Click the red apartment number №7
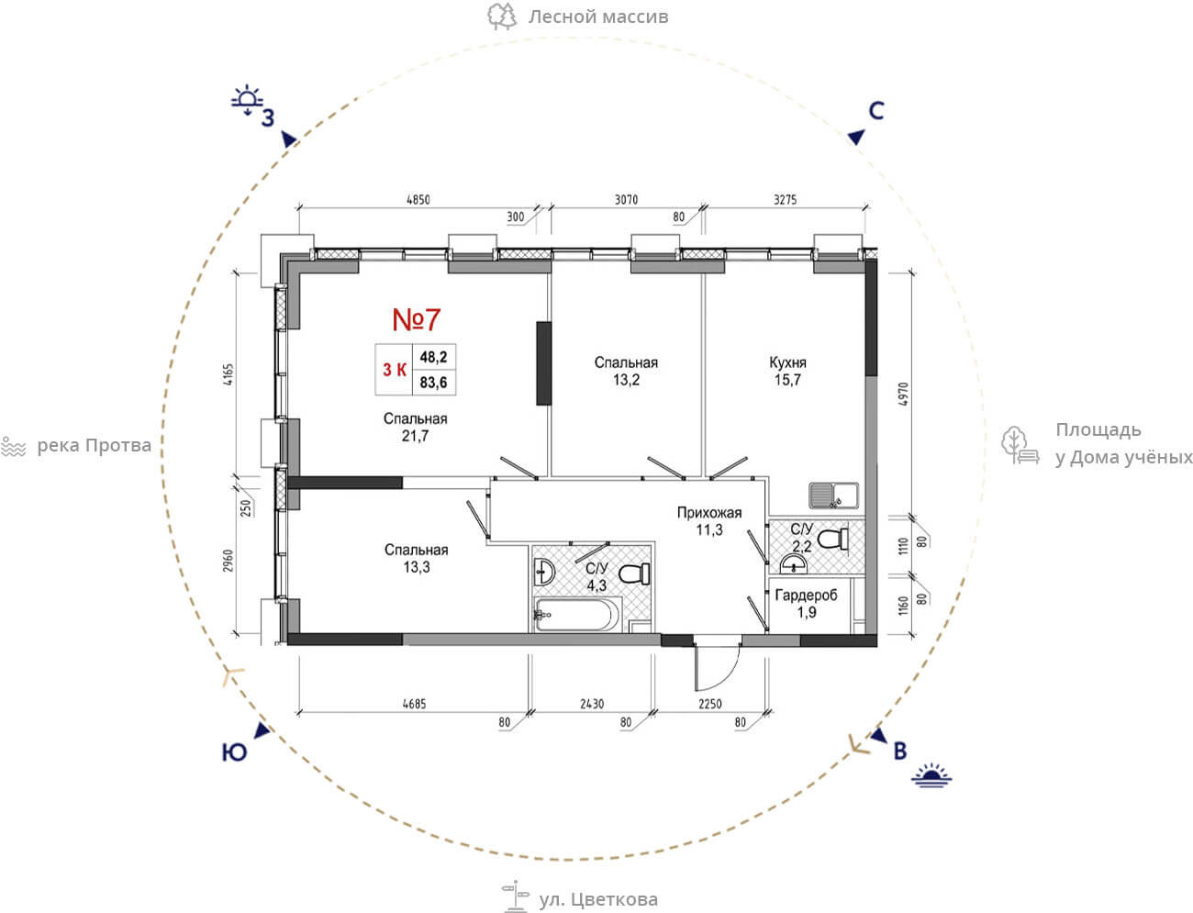pos(416,319)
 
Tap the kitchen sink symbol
pos(834,495)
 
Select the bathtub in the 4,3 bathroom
pos(578,615)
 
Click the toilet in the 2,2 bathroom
pos(832,540)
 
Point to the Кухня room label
pos(787,362)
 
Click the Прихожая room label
pos(709,513)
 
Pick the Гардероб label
pos(806,596)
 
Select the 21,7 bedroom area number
pos(415,436)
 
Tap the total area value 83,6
pos(433,383)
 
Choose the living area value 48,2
pos(433,357)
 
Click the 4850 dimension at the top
pos(418,200)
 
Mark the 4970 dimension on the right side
pos(902,395)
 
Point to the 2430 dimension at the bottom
pos(592,704)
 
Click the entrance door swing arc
pos(729,675)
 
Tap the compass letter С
pos(876,111)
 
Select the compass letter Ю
pos(234,752)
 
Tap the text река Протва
pos(94,446)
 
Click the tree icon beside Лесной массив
pos(501,17)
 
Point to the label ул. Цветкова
pos(598,899)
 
